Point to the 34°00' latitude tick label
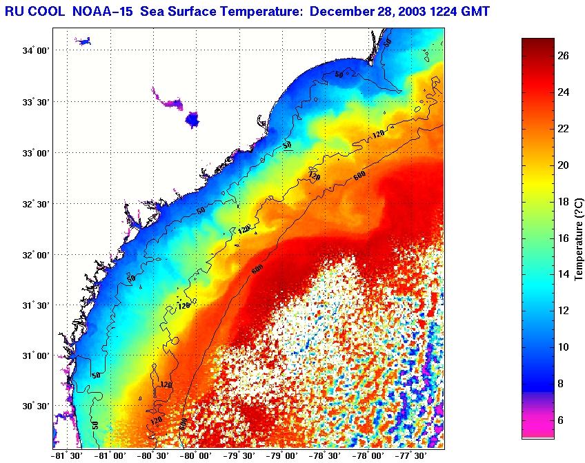click(x=36, y=51)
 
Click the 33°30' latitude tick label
click(x=36, y=102)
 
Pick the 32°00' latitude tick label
click(x=36, y=254)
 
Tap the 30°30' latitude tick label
click(x=36, y=407)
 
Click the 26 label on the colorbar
click(x=563, y=56)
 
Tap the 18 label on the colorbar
click(x=563, y=202)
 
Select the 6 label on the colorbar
click(x=563, y=420)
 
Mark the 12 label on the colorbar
click(x=563, y=311)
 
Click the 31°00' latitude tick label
click(x=36, y=356)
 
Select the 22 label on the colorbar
click(x=563, y=129)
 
